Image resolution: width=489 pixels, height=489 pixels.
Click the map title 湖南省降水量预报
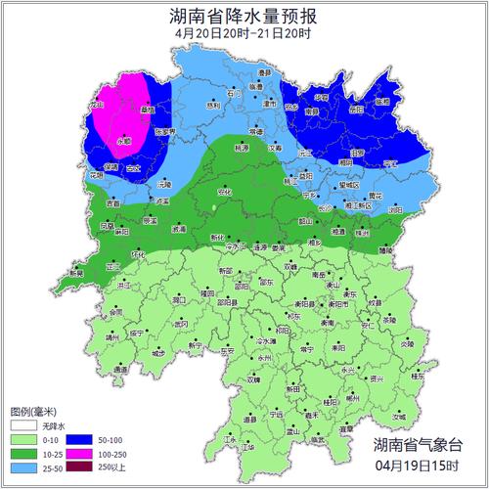coord(244,16)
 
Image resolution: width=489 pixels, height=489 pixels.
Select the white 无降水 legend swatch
coord(23,426)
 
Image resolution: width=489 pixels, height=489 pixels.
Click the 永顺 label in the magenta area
coord(124,141)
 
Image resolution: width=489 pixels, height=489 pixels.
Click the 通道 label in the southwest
coord(120,371)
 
